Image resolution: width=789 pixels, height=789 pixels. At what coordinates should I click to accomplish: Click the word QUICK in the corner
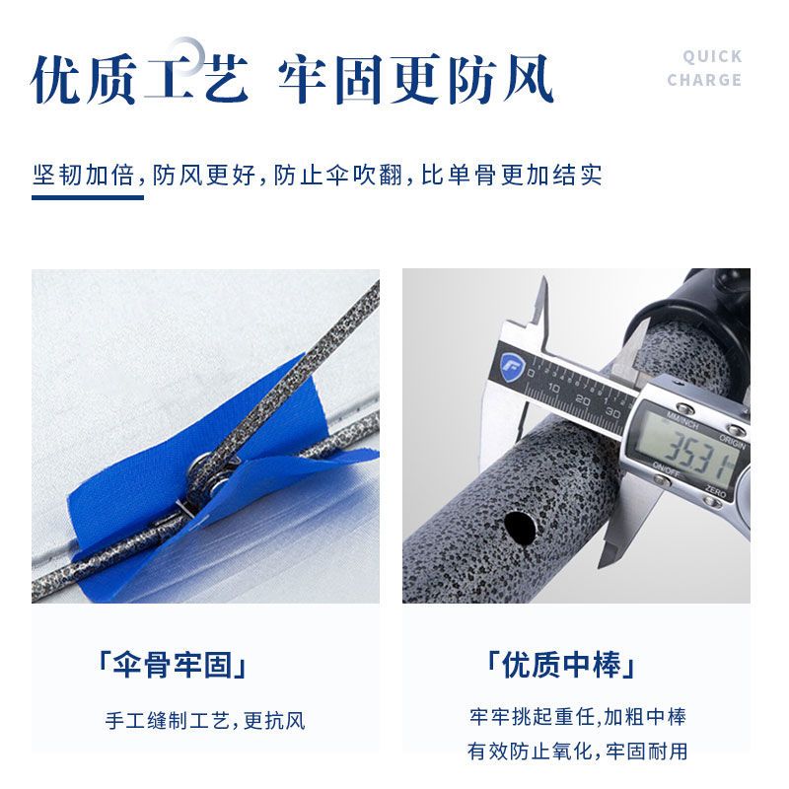712,56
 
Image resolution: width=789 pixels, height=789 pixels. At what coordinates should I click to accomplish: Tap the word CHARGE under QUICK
704,80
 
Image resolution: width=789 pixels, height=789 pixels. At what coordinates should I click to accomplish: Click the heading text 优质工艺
139,80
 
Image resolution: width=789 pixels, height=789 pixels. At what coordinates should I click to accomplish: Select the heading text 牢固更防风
415,80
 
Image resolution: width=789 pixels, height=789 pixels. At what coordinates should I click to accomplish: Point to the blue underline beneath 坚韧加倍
88,197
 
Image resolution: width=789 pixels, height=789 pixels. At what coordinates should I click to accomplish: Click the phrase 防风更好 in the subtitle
204,176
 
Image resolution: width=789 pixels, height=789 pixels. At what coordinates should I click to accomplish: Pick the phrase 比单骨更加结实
511,176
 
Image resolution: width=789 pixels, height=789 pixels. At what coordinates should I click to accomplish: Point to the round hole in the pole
521,527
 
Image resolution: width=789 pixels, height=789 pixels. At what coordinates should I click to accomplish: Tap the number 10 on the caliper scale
553,389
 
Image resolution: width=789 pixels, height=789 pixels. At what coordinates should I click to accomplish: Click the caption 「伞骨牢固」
173,665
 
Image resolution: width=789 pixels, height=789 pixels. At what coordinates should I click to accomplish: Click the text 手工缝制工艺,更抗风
205,721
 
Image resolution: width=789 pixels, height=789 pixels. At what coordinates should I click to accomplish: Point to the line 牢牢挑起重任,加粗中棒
578,717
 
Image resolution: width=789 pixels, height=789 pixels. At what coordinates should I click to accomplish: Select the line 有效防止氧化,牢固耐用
578,752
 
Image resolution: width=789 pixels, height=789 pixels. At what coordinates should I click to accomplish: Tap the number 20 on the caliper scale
583,400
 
